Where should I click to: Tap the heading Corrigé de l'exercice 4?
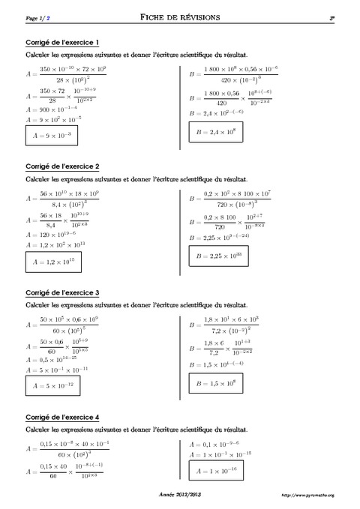(x=63, y=417)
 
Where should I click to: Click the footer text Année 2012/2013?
(x=181, y=496)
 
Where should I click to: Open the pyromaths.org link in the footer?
(x=308, y=496)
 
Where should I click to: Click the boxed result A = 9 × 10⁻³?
(x=53, y=135)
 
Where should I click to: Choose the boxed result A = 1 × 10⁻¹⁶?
(x=224, y=472)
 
